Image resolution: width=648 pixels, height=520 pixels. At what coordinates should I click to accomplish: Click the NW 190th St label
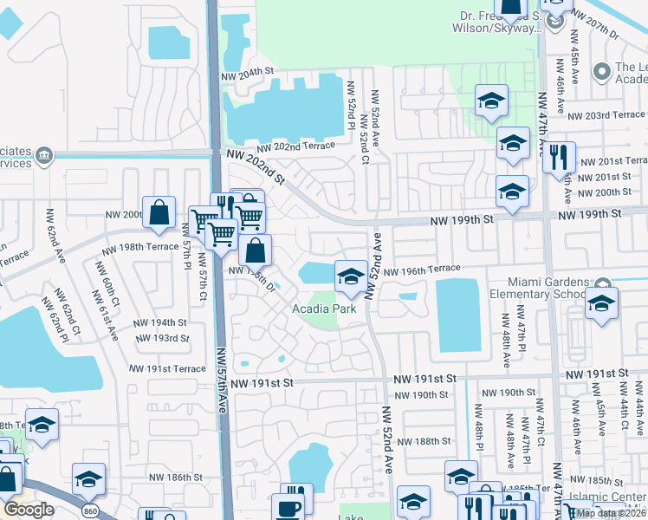[x=422, y=395]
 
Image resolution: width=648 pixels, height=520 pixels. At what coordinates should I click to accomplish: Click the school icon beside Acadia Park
[x=350, y=276]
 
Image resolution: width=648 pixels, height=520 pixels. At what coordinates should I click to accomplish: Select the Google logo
[x=29, y=510]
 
